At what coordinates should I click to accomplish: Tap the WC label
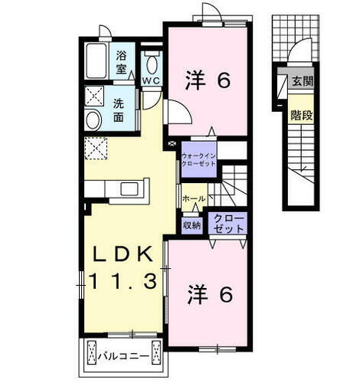tap(150, 80)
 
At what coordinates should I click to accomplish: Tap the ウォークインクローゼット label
tap(200, 161)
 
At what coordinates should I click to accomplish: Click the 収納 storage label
tap(191, 224)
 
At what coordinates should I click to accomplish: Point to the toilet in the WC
tap(150, 63)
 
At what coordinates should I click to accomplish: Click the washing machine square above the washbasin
tap(96, 97)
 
